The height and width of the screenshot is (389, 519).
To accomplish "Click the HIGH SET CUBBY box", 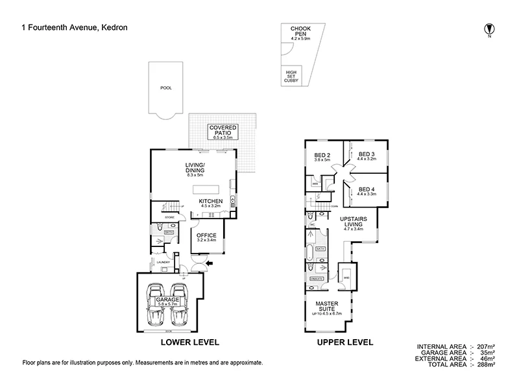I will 290,75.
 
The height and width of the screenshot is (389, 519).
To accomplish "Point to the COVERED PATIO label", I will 223,130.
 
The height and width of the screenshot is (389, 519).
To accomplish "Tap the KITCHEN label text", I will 211,201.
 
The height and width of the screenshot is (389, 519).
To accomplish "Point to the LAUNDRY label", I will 162,263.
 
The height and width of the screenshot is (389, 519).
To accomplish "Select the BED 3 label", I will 367,154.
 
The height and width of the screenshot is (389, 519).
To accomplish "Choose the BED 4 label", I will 367,190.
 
